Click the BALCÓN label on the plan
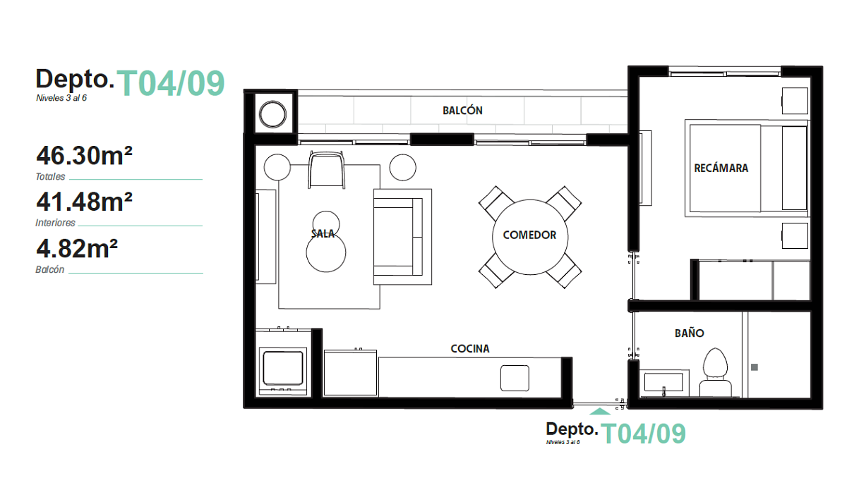462,111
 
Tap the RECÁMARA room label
721,168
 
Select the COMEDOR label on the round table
529,235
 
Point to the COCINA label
470,348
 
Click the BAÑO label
690,333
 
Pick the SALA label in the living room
323,234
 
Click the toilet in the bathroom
715,372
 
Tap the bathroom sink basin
663,382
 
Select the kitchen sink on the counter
515,378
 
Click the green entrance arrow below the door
600,411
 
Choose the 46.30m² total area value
84,156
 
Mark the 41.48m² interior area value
84,202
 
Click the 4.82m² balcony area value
77,248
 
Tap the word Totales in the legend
50,176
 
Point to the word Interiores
55,223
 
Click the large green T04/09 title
171,83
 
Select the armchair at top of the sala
327,170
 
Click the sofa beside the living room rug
403,237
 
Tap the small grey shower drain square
755,367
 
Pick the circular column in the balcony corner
272,114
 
